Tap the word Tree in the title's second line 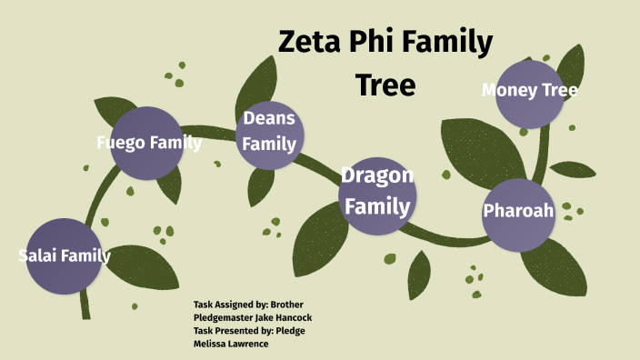[385, 85]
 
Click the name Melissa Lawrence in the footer [231, 344]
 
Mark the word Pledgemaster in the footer [223, 317]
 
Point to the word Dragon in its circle [376, 175]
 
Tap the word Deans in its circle [268, 118]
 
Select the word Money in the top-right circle [505, 90]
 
